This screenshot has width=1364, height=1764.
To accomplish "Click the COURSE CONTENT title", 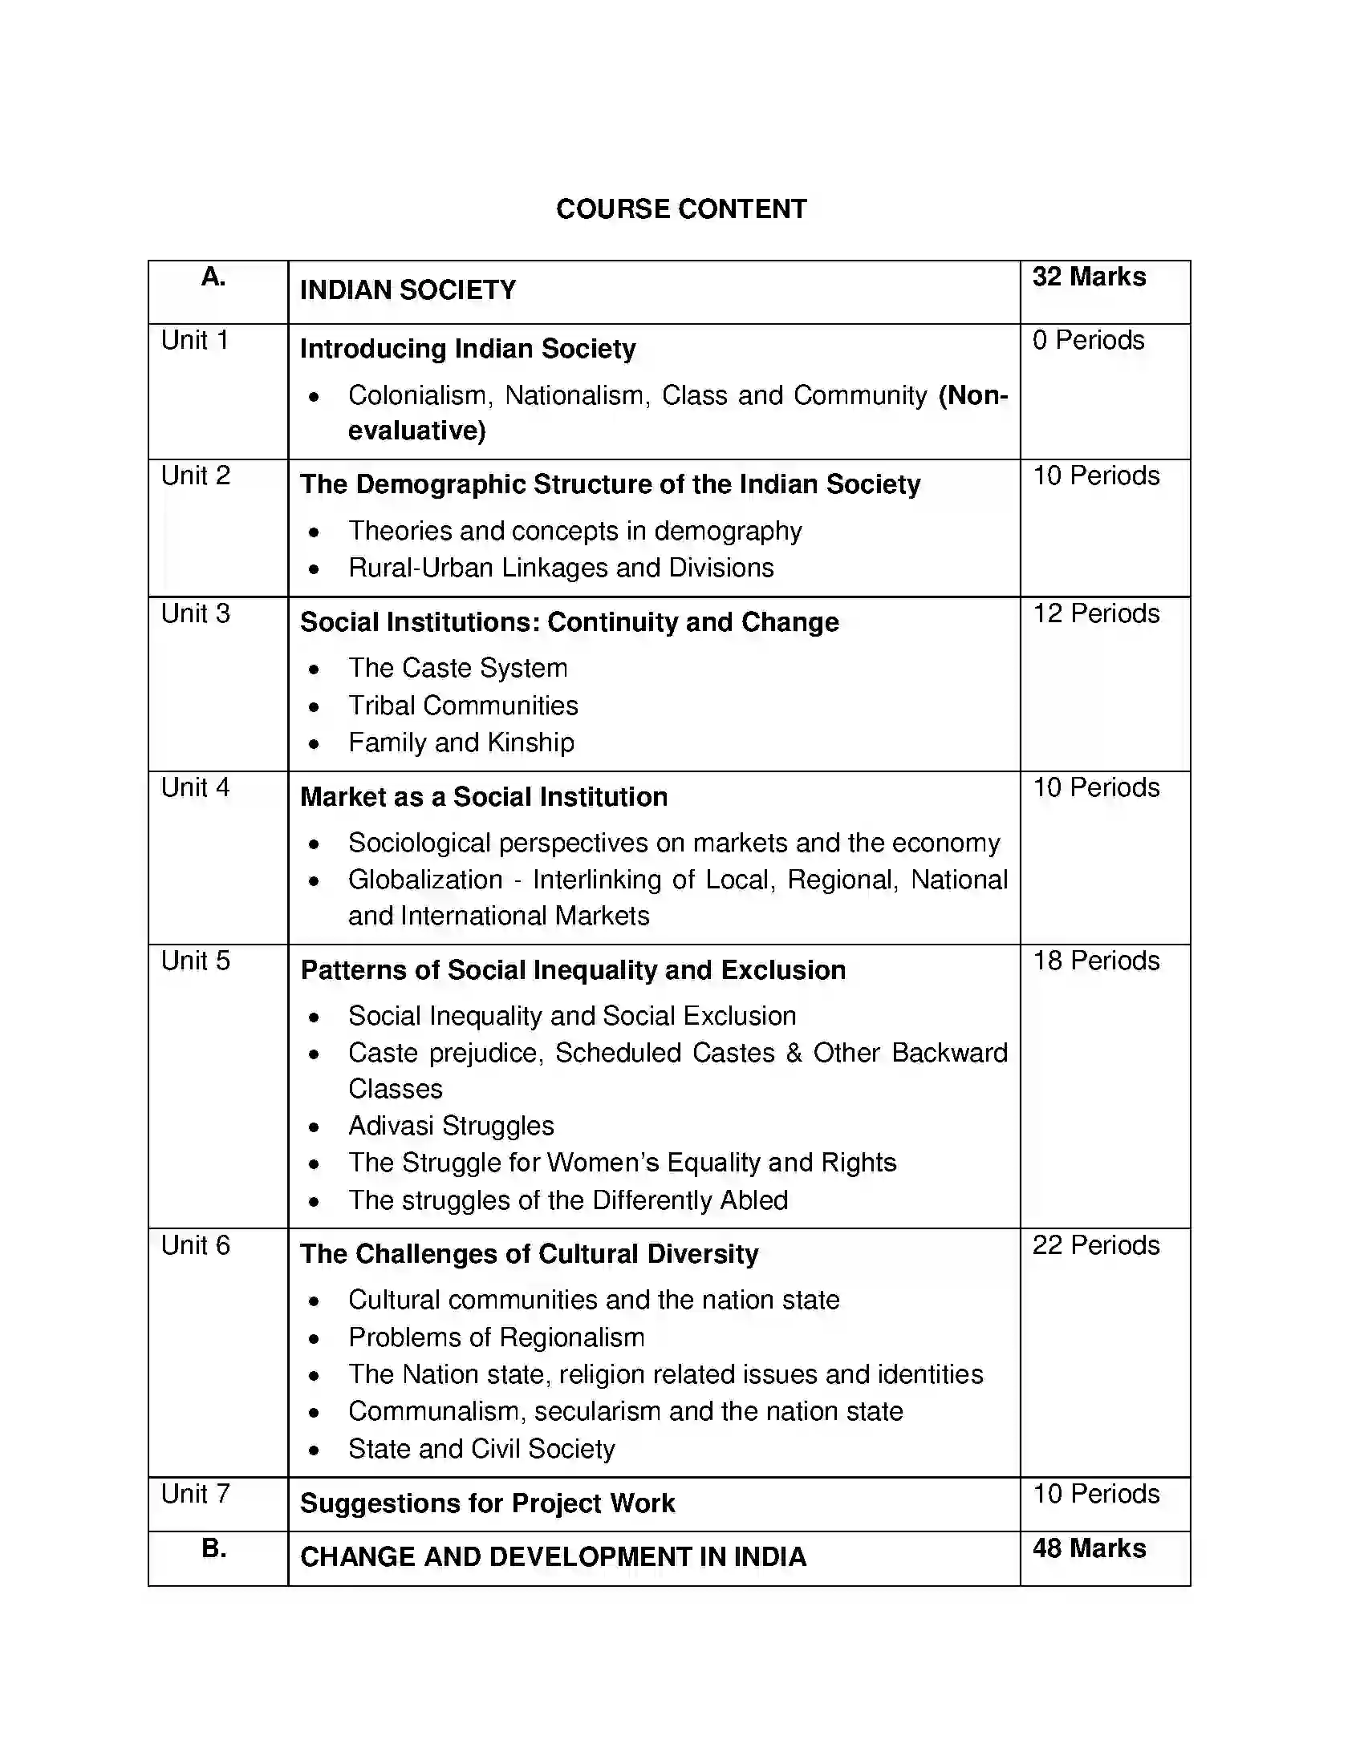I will (681, 209).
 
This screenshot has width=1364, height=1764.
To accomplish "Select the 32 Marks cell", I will (1089, 277).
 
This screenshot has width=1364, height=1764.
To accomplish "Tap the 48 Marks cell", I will (1089, 1548).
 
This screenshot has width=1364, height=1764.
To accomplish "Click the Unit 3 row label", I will (196, 614).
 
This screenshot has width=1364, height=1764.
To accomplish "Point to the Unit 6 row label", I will (196, 1245).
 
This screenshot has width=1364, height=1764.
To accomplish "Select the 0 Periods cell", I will (1088, 340).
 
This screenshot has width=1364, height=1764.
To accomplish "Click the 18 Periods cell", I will (1096, 961).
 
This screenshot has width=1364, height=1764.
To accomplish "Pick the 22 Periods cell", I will (1096, 1245).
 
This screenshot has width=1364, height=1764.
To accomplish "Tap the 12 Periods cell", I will (1096, 614).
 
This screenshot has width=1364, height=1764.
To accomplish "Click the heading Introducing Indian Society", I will (467, 349).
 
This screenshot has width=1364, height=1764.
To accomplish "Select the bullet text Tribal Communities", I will (463, 706).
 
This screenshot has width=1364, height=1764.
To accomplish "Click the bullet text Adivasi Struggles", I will (451, 1126).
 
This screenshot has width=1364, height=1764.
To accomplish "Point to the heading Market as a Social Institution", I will (483, 797).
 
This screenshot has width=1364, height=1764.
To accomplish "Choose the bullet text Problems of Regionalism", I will (496, 1337).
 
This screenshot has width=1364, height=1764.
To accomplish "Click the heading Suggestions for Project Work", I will (486, 1503).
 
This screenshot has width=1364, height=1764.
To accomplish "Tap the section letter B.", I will (213, 1548).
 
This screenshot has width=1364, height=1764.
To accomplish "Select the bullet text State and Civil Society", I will (481, 1449).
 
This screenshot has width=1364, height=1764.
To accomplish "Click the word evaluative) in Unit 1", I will (417, 431).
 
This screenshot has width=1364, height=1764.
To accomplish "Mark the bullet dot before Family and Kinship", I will (315, 744).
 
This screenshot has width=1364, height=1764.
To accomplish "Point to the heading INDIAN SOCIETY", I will (408, 290).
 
